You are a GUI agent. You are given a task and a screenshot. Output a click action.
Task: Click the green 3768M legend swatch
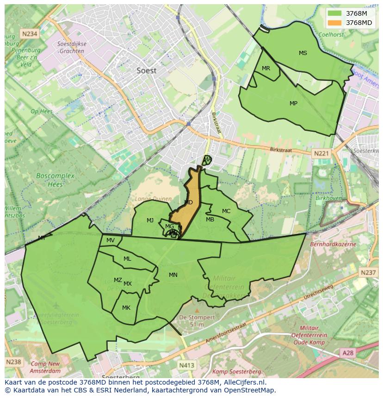[335, 13]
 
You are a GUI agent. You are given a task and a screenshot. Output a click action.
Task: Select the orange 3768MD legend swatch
[335, 23]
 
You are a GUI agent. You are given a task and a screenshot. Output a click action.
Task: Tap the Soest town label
[147, 71]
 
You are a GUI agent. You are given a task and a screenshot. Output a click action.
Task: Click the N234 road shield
[29, 34]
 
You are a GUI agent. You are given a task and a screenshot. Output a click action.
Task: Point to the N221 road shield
[321, 153]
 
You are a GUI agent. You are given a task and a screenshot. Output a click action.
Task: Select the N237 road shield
[368, 273]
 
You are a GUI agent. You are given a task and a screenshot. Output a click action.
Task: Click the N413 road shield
[186, 365]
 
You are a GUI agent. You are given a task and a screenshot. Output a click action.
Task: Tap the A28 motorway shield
[348, 353]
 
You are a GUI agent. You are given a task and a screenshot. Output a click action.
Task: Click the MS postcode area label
[303, 53]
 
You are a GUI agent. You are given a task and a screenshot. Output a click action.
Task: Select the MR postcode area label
[266, 68]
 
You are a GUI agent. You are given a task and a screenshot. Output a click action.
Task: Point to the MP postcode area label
[293, 104]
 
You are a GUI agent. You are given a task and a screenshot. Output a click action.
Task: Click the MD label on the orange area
[188, 202]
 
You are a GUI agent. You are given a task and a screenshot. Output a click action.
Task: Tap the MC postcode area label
[226, 211]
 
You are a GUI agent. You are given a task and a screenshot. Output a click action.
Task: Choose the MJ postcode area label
[150, 220]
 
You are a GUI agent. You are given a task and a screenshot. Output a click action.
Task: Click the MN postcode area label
[173, 275]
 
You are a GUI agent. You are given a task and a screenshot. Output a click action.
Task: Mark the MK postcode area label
[126, 308]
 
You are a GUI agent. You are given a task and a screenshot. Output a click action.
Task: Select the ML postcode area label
[127, 259]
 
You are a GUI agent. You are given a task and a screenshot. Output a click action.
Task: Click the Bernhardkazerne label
[333, 244]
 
